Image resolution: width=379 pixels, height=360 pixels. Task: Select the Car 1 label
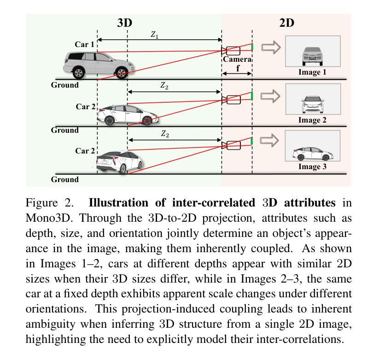[x=84, y=45]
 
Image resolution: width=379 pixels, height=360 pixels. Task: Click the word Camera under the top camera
[x=237, y=59]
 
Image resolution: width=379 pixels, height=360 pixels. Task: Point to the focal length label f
[x=238, y=68]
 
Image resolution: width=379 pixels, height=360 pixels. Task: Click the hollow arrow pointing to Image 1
[x=271, y=47]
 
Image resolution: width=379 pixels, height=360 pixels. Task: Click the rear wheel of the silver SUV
[x=79, y=72]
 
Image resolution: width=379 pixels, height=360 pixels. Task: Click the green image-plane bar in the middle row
[x=252, y=96]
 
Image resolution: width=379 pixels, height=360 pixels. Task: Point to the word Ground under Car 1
[x=64, y=85]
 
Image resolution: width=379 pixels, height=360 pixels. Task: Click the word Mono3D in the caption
[x=46, y=218]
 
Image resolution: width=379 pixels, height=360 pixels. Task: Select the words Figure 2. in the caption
[x=51, y=203]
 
